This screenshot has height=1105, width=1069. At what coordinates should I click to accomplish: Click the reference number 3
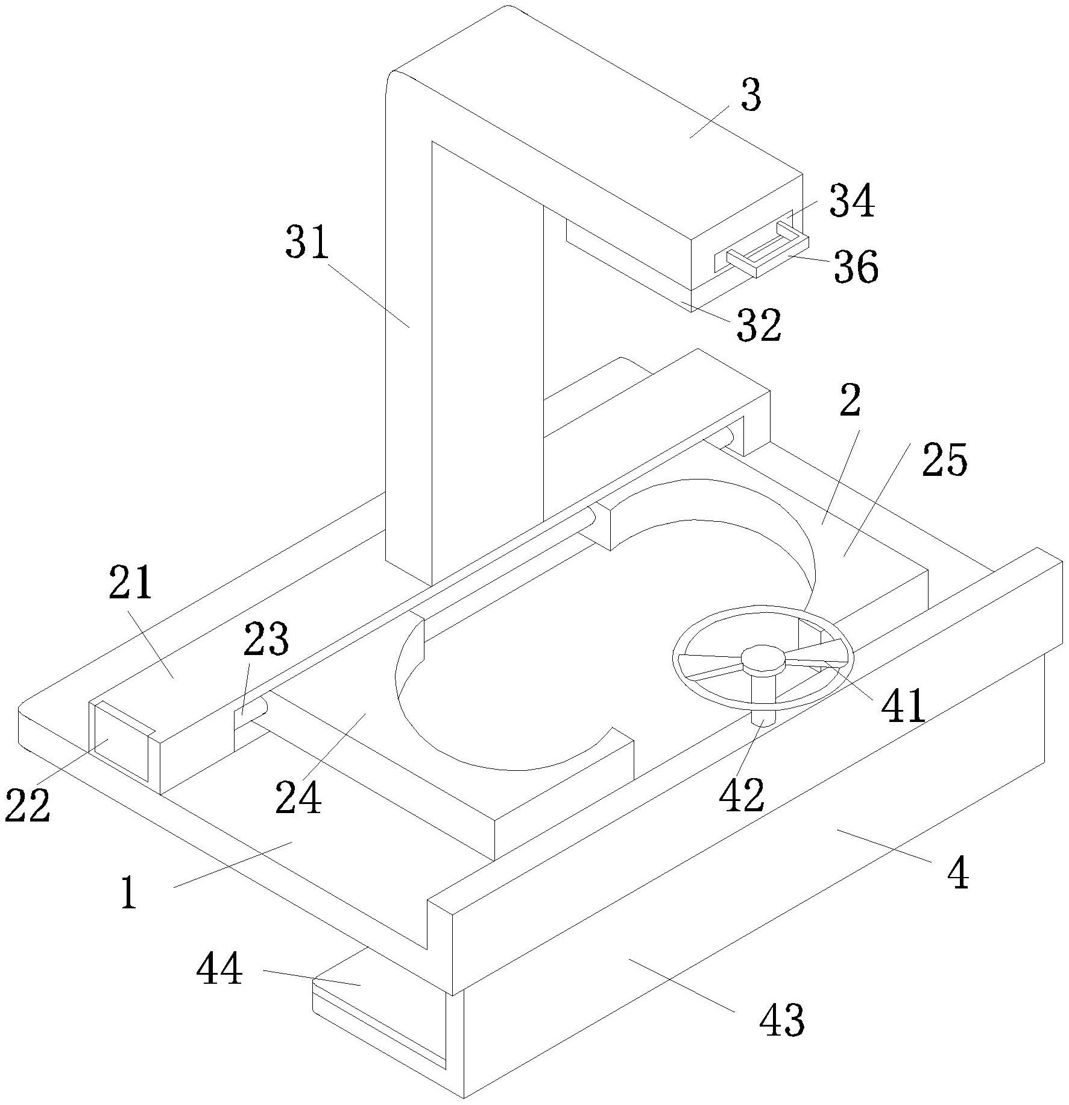click(x=751, y=97)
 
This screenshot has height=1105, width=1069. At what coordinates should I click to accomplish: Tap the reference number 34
click(x=852, y=201)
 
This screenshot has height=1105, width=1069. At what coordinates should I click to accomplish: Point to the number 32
click(x=759, y=326)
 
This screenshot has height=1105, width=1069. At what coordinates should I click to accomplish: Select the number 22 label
click(x=27, y=806)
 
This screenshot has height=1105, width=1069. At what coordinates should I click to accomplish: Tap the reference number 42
click(x=742, y=794)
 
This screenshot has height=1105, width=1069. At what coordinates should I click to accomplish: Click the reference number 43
click(x=781, y=1019)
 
